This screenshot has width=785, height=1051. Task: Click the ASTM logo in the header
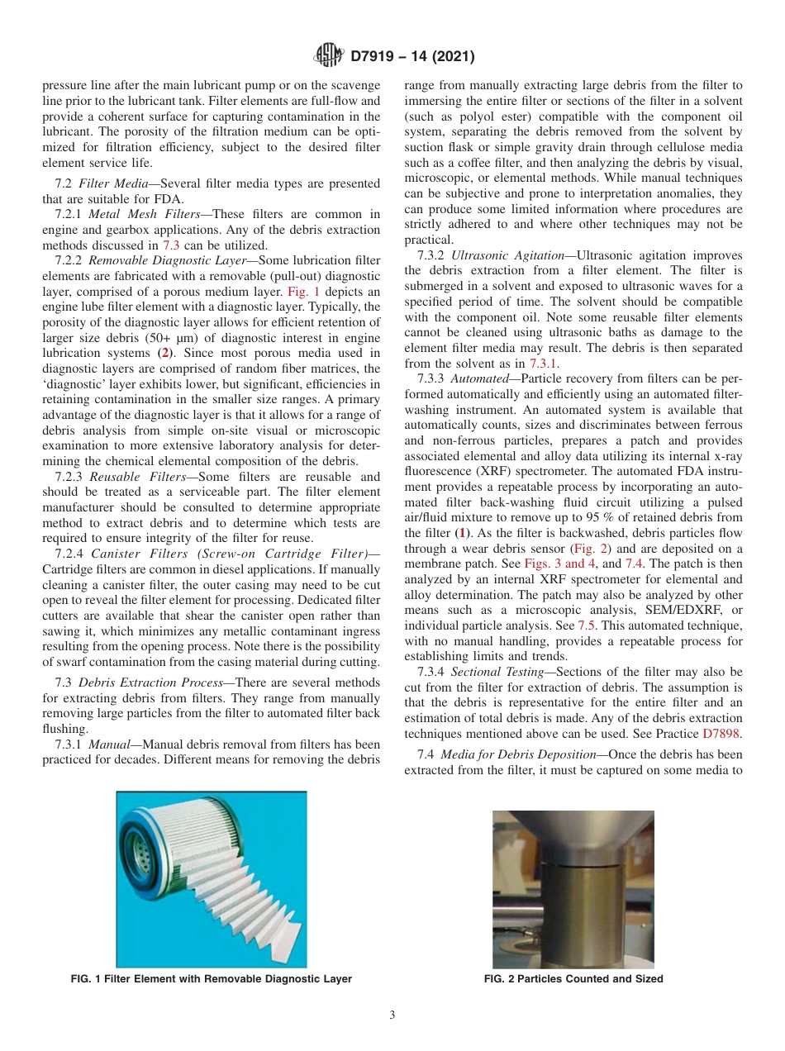tap(329, 57)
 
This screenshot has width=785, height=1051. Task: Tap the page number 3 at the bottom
tap(392, 1015)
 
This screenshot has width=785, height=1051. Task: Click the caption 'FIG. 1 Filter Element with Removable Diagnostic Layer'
tap(212, 979)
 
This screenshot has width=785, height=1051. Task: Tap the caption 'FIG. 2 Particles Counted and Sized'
tap(573, 979)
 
